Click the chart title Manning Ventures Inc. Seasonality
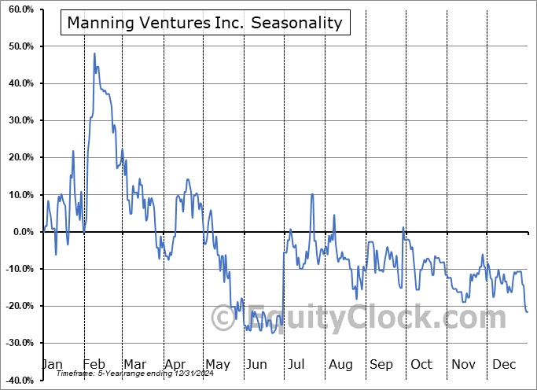point(204,22)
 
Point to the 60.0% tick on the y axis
point(18,9)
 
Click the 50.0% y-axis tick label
point(18,46)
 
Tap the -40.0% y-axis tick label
point(17,380)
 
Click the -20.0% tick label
point(17,306)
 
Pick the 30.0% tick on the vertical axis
point(18,120)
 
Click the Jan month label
point(52,364)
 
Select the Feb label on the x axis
point(94,364)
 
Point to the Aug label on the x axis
point(341,364)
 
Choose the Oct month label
point(421,364)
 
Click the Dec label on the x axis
point(502,364)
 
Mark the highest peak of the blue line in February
point(94,53)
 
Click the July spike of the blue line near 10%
point(312,194)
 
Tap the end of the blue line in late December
point(527,312)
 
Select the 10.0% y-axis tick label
point(18,195)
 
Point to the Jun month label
point(256,364)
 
